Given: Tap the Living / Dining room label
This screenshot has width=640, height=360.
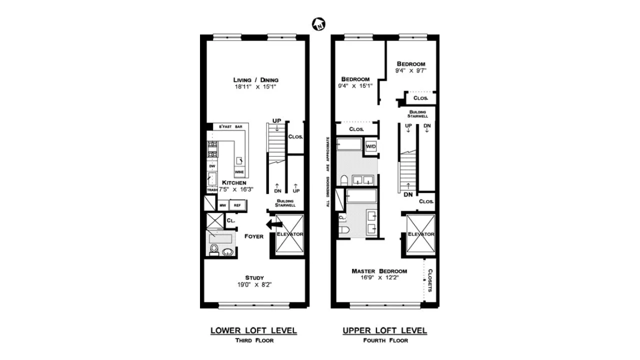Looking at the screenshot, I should (255, 80).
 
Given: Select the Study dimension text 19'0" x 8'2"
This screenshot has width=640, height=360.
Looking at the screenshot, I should (254, 285).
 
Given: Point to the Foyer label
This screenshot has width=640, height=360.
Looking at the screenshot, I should (254, 236).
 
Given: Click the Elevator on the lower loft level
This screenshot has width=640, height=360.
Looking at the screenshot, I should (289, 233).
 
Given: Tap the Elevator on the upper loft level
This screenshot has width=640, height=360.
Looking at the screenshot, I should (420, 234).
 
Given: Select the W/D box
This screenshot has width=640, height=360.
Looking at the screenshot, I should (370, 146).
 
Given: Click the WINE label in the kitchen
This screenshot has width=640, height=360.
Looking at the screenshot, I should (239, 172).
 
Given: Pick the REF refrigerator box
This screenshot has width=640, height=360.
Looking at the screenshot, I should (237, 205).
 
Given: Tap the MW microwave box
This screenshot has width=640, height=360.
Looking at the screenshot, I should (222, 205).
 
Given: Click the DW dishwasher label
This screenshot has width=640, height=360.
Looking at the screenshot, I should (212, 165).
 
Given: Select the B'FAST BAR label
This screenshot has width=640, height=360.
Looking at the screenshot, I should (230, 127).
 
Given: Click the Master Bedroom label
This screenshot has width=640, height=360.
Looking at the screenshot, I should (379, 271).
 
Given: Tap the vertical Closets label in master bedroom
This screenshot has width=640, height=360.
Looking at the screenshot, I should (429, 281).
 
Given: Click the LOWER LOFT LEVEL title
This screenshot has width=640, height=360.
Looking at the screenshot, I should (253, 330).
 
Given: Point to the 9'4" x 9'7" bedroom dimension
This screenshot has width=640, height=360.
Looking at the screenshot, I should (411, 70).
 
